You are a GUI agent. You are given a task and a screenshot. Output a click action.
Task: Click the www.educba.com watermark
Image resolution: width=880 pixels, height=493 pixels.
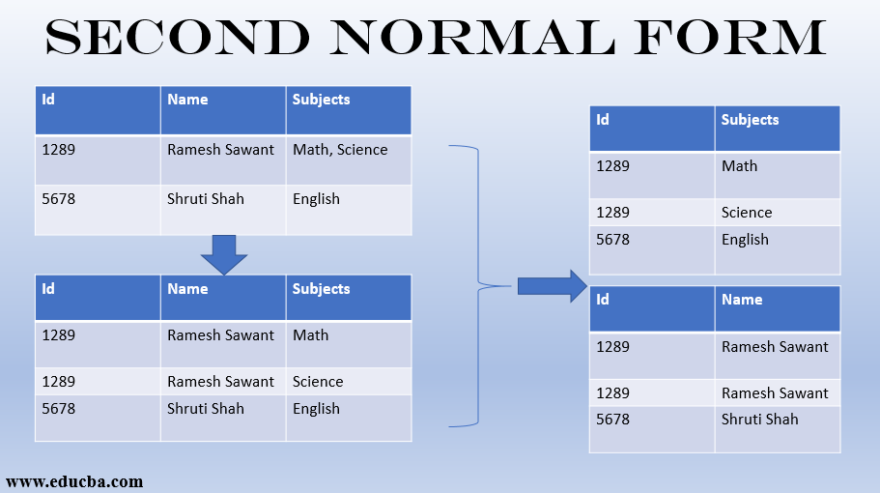(74, 480)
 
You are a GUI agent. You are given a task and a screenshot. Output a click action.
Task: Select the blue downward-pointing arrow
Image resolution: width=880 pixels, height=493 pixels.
(224, 254)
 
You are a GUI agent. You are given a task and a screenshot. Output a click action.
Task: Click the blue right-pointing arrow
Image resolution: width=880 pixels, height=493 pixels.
(552, 285)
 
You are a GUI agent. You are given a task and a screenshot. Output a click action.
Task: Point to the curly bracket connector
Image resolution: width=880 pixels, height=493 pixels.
(477, 285)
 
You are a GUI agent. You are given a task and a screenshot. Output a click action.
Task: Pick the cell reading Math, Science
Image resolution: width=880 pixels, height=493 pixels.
(340, 150)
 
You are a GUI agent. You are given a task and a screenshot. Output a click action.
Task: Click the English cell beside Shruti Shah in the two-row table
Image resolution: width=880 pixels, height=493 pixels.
(316, 199)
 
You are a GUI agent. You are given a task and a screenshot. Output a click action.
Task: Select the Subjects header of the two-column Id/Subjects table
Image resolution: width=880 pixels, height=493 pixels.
(750, 120)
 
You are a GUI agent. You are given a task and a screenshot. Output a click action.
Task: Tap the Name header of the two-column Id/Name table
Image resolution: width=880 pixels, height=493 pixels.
(742, 300)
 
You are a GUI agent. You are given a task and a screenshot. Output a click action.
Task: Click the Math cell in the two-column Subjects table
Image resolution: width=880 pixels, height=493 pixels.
(739, 166)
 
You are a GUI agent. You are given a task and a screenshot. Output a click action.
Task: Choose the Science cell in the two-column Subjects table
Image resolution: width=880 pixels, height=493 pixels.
(747, 213)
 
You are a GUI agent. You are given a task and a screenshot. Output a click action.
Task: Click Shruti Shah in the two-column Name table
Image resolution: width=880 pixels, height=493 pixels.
(760, 420)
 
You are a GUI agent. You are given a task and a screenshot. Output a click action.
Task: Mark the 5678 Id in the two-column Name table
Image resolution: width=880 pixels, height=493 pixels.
(612, 420)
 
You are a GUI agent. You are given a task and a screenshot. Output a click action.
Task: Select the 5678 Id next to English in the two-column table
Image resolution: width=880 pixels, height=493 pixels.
(612, 240)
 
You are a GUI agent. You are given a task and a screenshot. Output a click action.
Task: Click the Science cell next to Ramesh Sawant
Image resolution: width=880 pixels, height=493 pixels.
(318, 382)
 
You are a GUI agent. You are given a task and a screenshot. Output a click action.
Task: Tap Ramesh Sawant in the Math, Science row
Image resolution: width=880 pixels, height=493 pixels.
(220, 150)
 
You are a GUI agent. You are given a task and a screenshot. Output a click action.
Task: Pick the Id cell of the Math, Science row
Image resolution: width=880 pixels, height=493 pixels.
(58, 150)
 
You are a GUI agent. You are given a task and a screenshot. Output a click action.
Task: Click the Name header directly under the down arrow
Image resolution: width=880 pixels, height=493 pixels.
(187, 289)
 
